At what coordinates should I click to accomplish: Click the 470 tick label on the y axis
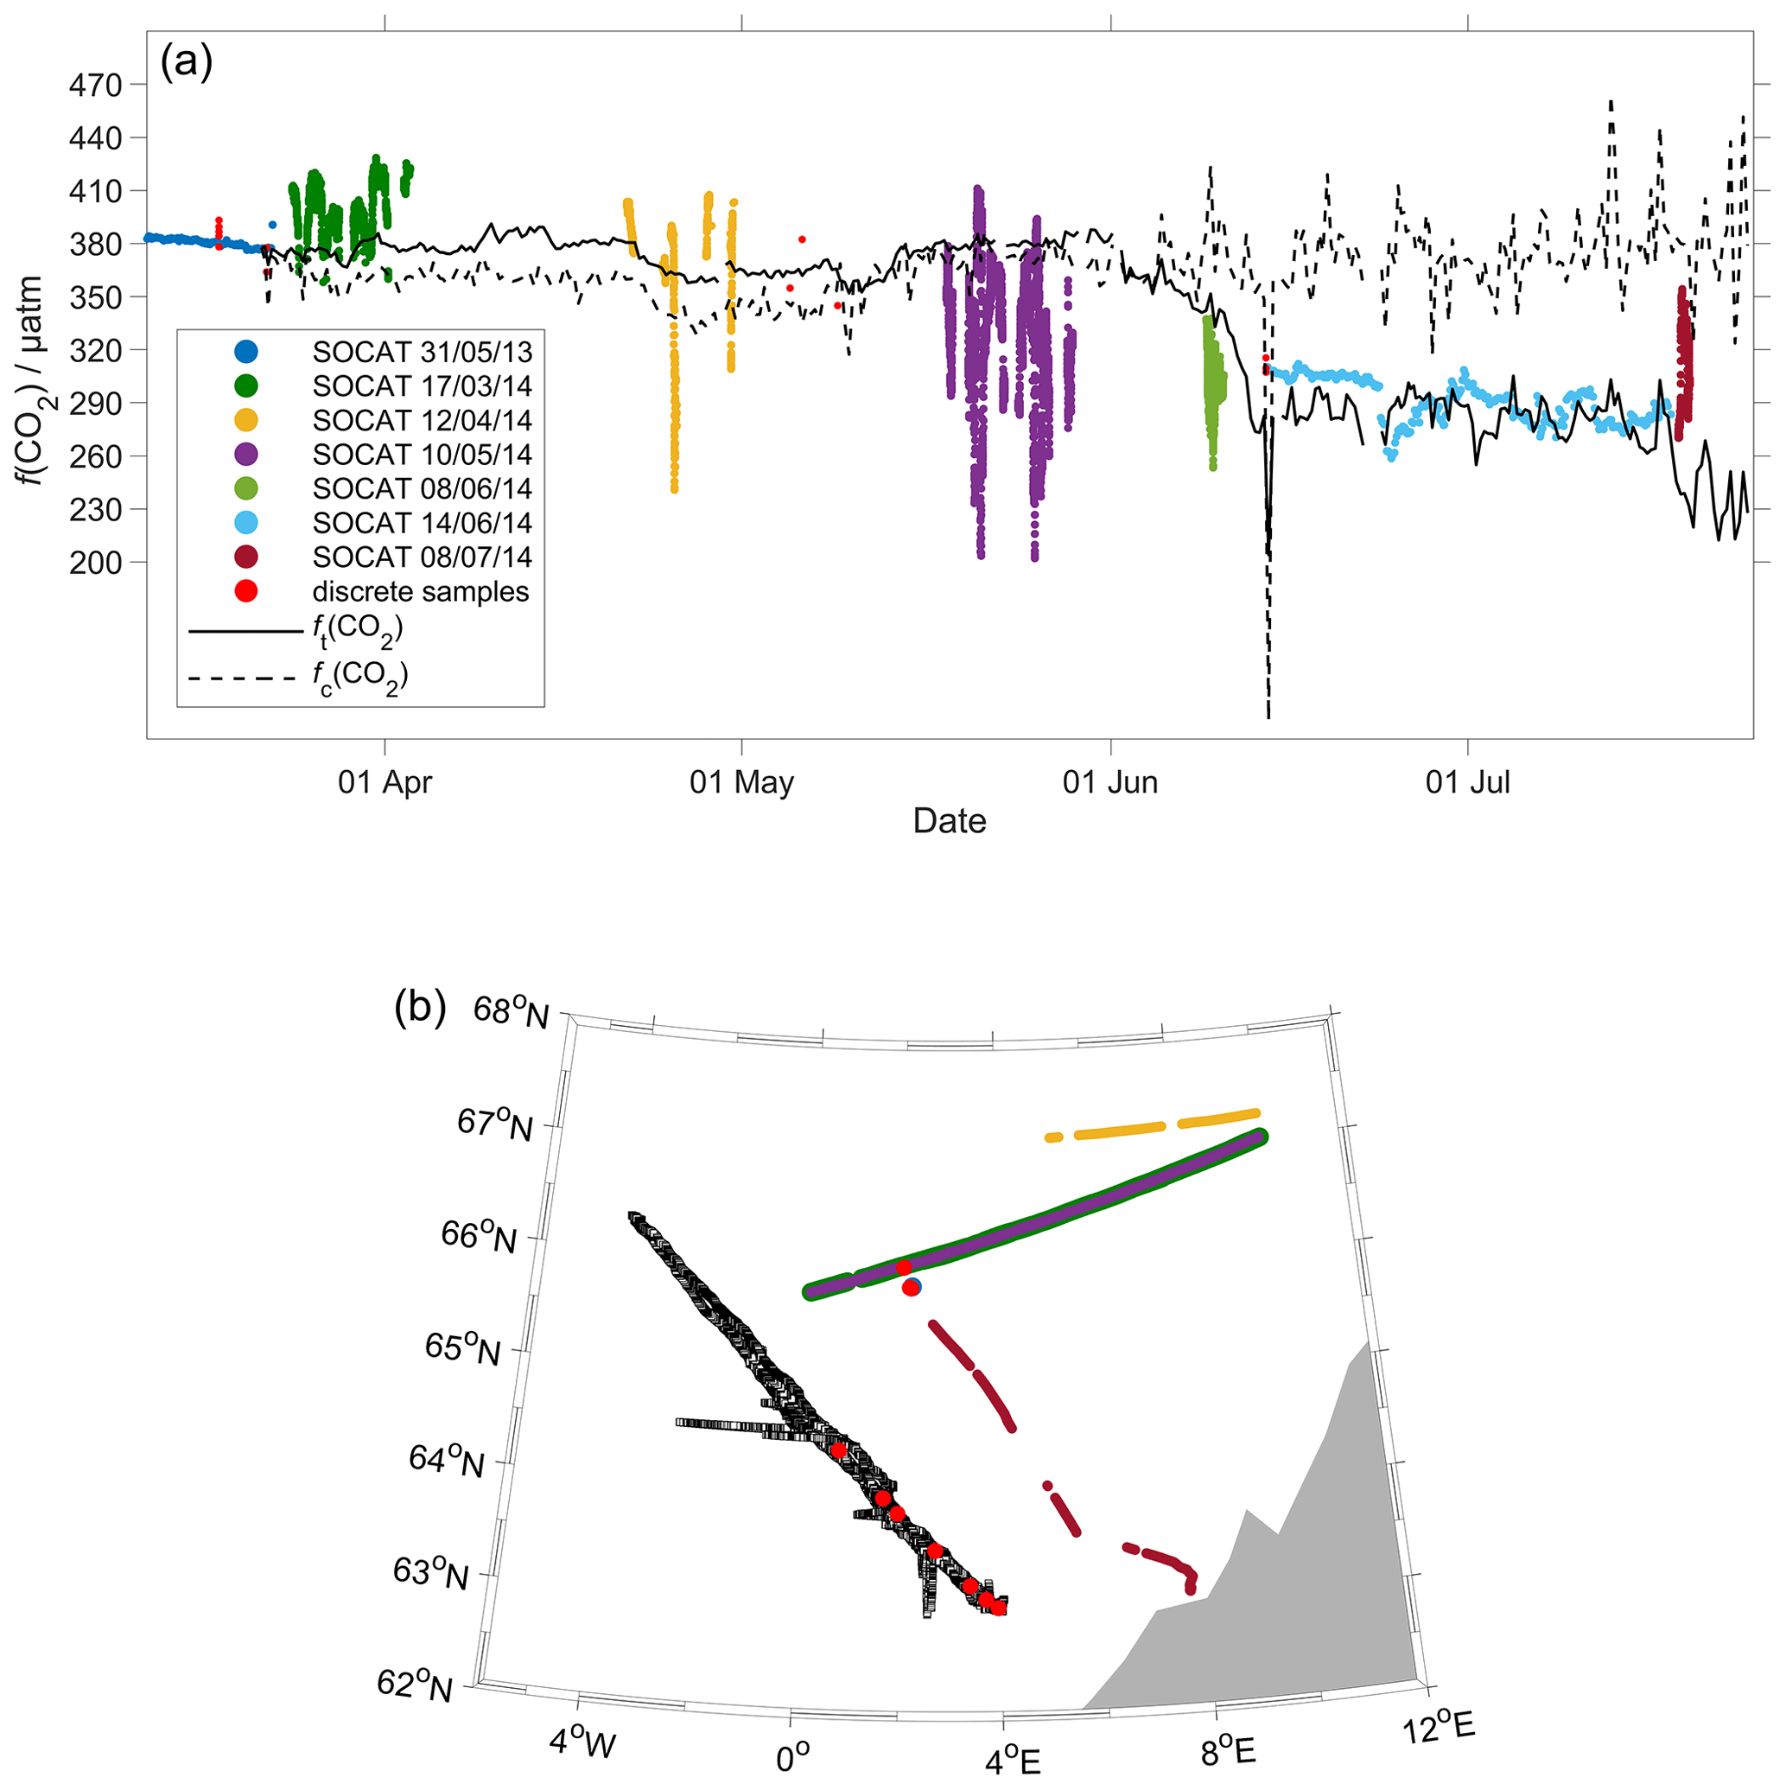pyautogui.click(x=95, y=86)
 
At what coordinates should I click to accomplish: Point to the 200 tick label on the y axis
pyautogui.click(x=95, y=563)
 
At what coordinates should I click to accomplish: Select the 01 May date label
pyautogui.click(x=741, y=783)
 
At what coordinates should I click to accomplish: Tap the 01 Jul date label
pyautogui.click(x=1467, y=783)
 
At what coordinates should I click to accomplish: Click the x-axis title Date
pyautogui.click(x=949, y=821)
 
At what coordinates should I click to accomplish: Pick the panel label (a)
pyautogui.click(x=186, y=62)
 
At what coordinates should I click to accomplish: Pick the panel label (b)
pyautogui.click(x=420, y=1006)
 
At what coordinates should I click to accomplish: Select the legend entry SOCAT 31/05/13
pyautogui.click(x=422, y=352)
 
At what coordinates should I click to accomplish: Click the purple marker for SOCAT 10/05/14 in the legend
pyautogui.click(x=245, y=454)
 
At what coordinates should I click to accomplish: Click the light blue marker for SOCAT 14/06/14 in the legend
pyautogui.click(x=245, y=523)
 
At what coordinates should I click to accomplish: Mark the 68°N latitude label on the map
pyautogui.click(x=511, y=1012)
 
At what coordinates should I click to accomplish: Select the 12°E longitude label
pyautogui.click(x=1437, y=1727)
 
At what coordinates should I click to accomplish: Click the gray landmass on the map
pyautogui.click(x=1315, y=1575)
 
